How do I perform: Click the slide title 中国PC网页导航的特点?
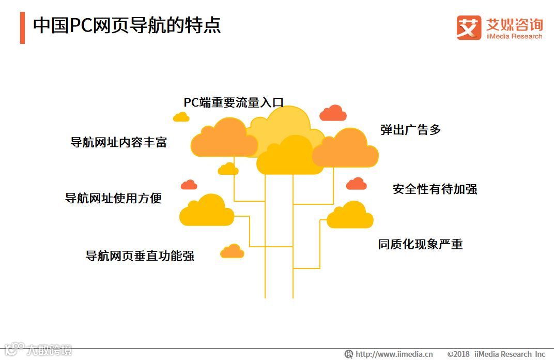(x=127, y=25)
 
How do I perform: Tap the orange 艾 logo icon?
(x=469, y=27)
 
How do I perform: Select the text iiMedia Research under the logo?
(x=514, y=36)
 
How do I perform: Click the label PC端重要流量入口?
(x=234, y=102)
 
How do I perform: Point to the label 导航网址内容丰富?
(x=119, y=142)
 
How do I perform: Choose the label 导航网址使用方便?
(x=113, y=198)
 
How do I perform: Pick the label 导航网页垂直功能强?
(x=140, y=256)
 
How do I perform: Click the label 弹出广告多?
(x=411, y=130)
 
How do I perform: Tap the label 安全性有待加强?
(x=435, y=189)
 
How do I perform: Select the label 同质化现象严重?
(x=420, y=244)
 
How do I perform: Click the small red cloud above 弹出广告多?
(x=333, y=113)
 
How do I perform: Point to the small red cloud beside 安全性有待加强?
(x=357, y=184)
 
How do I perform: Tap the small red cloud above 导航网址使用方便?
(x=189, y=185)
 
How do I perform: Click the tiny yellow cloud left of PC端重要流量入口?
(x=181, y=117)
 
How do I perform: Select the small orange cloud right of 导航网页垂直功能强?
(x=232, y=251)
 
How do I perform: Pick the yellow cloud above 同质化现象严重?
(x=350, y=216)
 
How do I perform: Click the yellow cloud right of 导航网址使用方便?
(x=207, y=211)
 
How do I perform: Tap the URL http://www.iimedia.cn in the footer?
(x=394, y=354)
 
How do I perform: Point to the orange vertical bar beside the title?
(x=22, y=27)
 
